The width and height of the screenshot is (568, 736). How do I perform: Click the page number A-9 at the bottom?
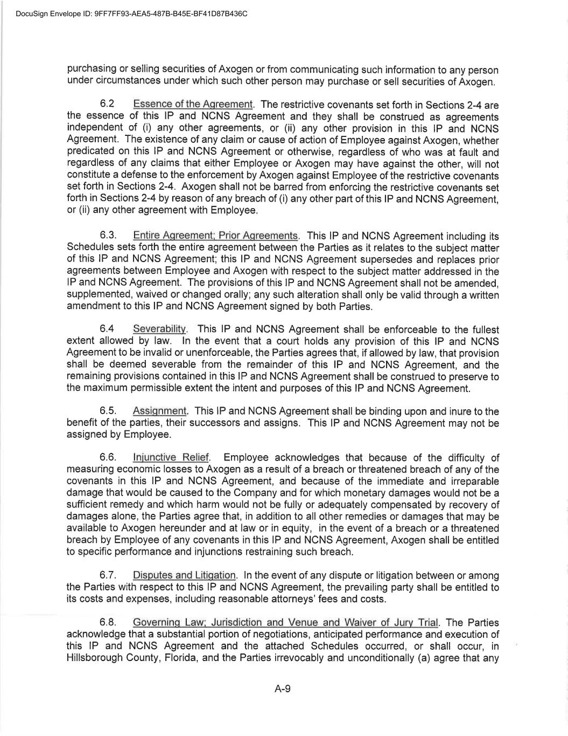tap(283, 689)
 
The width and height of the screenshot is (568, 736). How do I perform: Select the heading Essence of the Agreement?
tap(193, 104)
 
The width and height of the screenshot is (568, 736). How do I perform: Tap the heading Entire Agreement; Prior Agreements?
tap(215, 236)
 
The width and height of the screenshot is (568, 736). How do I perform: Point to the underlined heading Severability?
tap(159, 329)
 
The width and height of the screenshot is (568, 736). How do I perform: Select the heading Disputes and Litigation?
tap(184, 575)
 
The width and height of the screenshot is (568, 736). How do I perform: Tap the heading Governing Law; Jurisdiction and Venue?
tap(285, 623)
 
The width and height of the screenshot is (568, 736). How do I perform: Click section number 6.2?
tap(107, 104)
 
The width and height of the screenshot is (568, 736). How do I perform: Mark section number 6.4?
tap(107, 329)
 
